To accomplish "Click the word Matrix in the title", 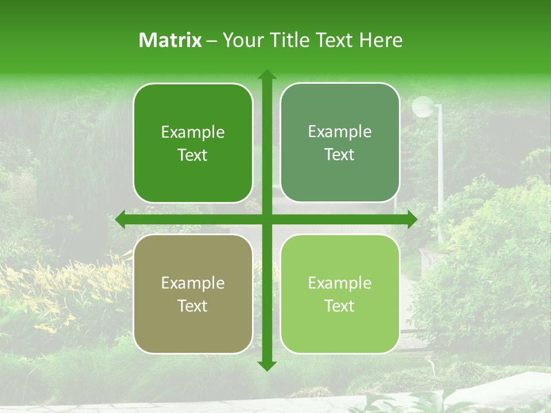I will tap(170, 40).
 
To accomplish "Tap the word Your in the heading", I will tap(242, 40).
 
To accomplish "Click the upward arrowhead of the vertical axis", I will tap(267, 75).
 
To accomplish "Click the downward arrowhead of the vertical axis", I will tap(267, 365).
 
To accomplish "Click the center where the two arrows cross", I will tap(267, 219).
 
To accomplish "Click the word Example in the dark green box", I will tap(193, 133).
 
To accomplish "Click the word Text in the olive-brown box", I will tap(193, 306).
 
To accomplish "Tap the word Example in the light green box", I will tap(340, 283).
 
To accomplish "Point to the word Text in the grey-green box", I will tap(340, 154).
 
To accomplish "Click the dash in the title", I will tap(212, 41).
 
